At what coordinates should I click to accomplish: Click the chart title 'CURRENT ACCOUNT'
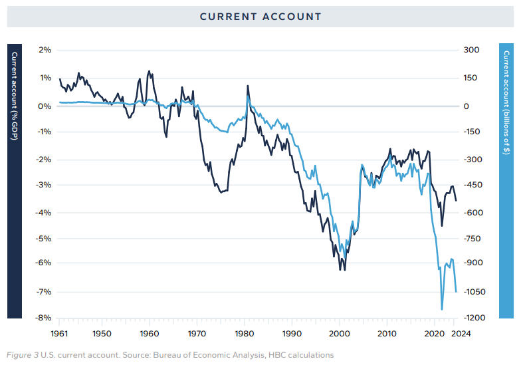pos(261,17)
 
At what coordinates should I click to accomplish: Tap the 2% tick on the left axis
pos(45,50)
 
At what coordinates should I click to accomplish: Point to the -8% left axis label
pos(44,318)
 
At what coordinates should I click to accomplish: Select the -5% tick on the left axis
pos(44,238)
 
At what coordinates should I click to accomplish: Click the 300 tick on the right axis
pos(471,50)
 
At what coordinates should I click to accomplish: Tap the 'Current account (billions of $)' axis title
pos(507,102)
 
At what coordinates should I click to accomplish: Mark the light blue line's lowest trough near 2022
pos(442,309)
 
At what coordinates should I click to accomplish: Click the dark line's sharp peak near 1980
pos(248,86)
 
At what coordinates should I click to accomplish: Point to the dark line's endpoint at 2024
pos(456,200)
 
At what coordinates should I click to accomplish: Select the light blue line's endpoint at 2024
pos(456,291)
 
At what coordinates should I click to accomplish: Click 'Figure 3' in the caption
pos(23,355)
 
